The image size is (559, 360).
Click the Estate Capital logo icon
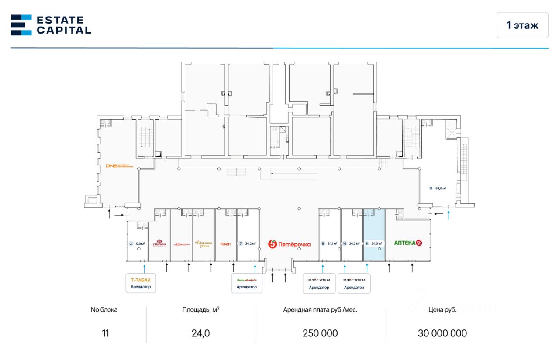[x=21, y=24]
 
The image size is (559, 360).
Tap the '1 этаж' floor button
[x=522, y=25]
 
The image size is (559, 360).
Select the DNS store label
[x=119, y=166]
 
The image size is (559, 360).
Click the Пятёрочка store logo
[x=289, y=244]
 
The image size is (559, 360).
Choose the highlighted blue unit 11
[x=374, y=236]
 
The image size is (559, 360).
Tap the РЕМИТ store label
[x=226, y=244]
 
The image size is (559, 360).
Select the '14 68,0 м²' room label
[x=437, y=189]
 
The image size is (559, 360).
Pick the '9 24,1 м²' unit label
[x=329, y=244]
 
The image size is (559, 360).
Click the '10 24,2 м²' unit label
[x=352, y=244]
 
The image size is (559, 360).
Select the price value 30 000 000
[x=442, y=333]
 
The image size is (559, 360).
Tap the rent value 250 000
[x=320, y=333]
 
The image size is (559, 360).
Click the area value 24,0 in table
[x=200, y=333]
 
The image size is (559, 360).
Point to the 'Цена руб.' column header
[x=442, y=310]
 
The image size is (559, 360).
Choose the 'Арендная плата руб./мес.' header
[x=320, y=310]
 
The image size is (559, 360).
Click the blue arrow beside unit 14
[x=448, y=214]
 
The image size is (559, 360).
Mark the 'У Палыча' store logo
[x=159, y=243]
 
